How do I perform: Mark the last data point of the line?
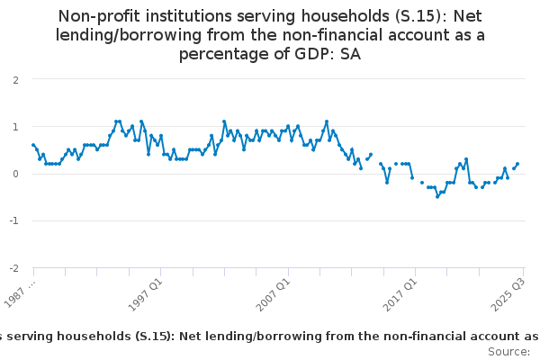pos(517,164)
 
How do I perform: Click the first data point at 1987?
pos(33,145)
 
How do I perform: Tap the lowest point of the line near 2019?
pos(437,196)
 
